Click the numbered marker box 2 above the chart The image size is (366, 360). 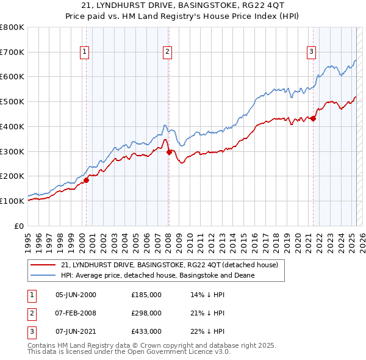point(167,52)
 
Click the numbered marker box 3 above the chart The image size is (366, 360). point(311,52)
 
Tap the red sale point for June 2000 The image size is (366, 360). point(87,180)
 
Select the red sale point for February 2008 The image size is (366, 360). point(169,152)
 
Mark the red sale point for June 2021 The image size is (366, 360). point(313,118)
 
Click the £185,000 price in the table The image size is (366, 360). point(146,294)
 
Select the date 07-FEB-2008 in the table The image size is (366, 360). point(76,313)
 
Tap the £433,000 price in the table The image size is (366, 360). point(146,331)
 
